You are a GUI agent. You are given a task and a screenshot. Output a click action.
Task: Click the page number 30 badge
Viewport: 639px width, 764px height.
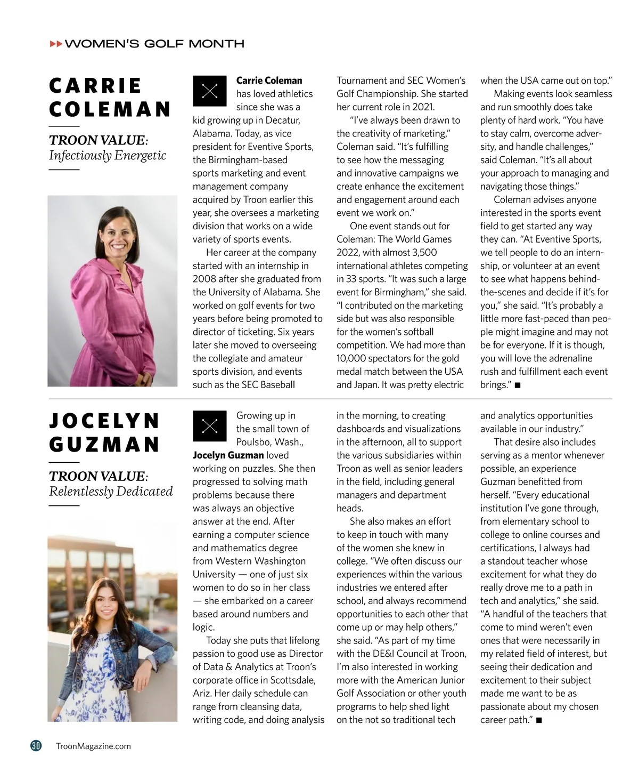coord(36,746)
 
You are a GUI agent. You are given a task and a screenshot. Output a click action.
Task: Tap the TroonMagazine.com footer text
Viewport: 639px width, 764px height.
coord(93,746)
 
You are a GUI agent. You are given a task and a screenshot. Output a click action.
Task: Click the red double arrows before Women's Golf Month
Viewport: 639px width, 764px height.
coord(55,44)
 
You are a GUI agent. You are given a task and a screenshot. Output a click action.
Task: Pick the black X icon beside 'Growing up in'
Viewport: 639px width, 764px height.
coord(210,425)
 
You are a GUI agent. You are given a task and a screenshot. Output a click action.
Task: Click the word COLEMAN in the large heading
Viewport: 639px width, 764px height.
coord(110,109)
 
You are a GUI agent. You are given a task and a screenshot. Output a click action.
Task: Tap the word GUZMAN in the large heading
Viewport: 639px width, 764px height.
coord(104,444)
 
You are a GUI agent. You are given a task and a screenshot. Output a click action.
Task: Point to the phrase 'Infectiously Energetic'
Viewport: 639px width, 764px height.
coord(108,156)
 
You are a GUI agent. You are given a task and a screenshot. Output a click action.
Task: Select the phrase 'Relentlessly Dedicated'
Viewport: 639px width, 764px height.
coord(111,491)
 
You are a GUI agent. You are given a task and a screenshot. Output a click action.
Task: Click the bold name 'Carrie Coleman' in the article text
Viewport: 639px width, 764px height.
coord(269,81)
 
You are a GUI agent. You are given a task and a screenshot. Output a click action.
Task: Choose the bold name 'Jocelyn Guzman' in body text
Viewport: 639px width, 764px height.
coord(228,455)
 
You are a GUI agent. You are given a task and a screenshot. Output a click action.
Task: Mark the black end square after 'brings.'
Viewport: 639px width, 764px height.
coord(518,385)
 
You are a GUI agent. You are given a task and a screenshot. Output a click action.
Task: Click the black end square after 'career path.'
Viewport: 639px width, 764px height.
coord(539,720)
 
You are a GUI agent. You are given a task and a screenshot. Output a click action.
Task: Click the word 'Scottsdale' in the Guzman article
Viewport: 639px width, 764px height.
coord(292,680)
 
